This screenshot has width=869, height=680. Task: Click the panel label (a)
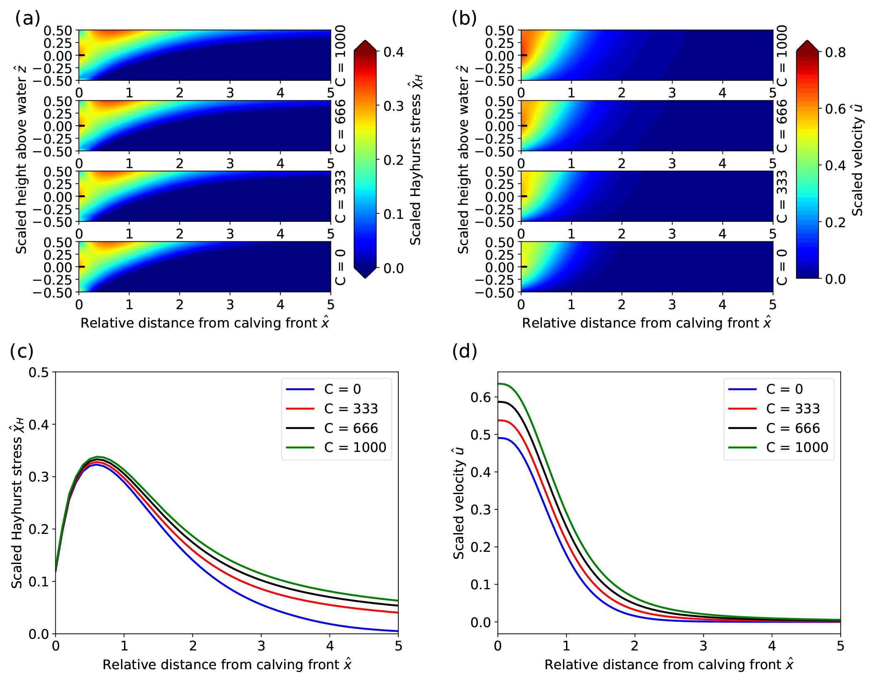point(27,18)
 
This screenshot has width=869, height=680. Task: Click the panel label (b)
point(464,18)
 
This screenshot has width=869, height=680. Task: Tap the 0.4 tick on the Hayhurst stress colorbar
point(393,52)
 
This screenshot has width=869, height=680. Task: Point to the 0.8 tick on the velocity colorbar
point(835,52)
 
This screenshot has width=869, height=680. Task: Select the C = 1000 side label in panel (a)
point(340,55)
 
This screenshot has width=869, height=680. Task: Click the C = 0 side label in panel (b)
point(782,267)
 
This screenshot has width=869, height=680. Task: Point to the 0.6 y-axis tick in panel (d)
point(481,397)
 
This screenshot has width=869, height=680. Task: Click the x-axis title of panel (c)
point(227,664)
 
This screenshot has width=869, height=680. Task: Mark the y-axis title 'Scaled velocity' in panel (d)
point(459,504)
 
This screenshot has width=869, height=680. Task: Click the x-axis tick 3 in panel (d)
point(703,646)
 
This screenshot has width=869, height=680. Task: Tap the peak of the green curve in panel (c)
point(97,457)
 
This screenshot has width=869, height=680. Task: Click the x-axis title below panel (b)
point(647,323)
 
